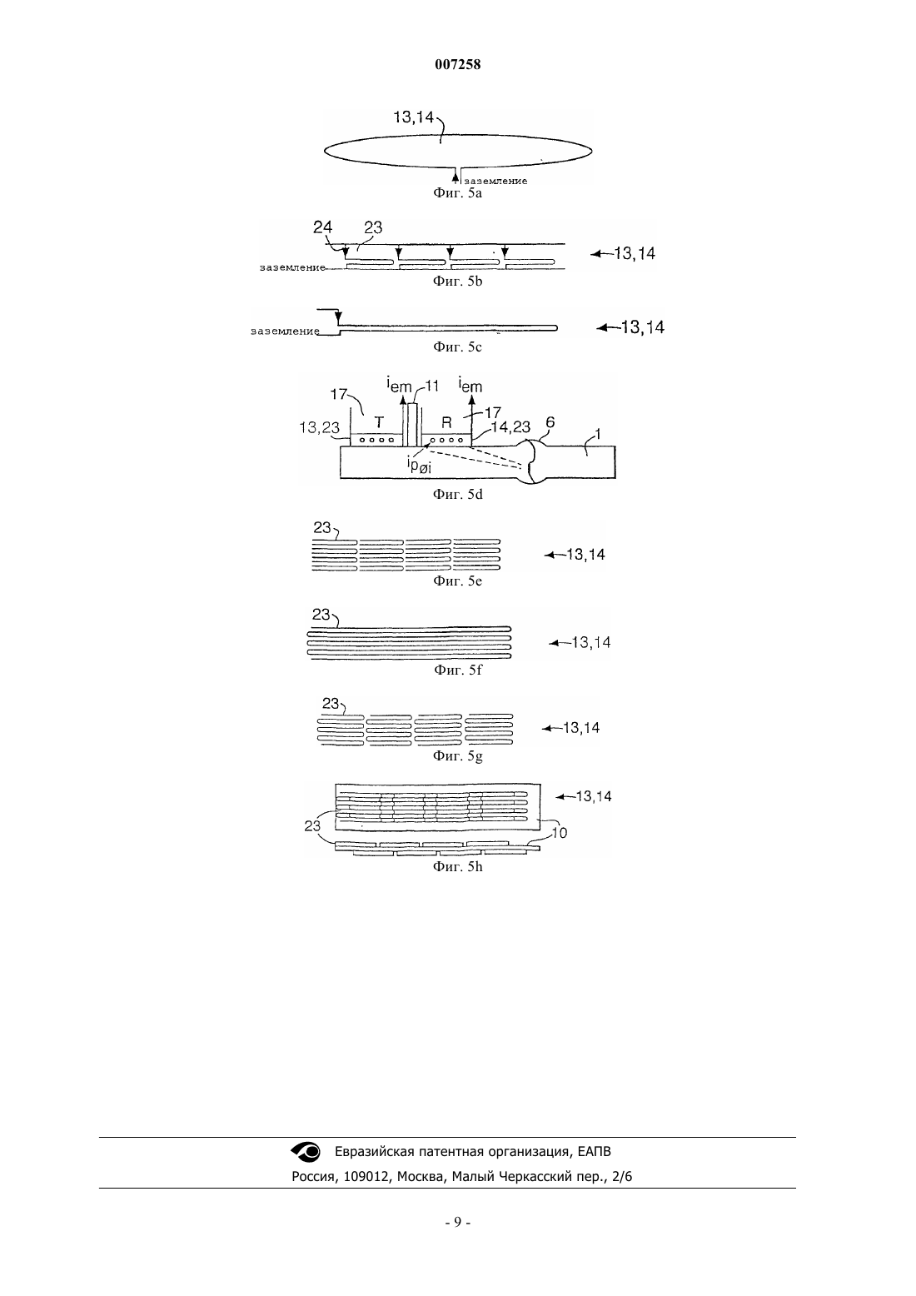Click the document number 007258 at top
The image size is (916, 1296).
(x=457, y=64)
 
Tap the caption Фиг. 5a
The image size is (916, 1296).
(x=457, y=193)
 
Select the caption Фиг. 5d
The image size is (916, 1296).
(x=457, y=495)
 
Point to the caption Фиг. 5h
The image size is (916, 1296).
(x=457, y=867)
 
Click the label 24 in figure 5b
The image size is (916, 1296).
(x=322, y=227)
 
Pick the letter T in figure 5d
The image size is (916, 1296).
(x=380, y=422)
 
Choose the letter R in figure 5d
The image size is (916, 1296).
(x=446, y=423)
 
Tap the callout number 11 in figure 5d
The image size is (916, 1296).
(x=432, y=386)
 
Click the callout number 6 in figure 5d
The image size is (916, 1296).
(x=550, y=422)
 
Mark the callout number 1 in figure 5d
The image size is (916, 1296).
(x=598, y=434)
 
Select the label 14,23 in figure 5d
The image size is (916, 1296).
(x=510, y=427)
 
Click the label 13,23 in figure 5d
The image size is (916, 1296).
(x=319, y=427)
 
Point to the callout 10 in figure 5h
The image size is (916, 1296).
(x=560, y=833)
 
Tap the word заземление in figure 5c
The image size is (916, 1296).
(x=285, y=331)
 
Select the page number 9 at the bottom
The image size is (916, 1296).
(x=457, y=1223)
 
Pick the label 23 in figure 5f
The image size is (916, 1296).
(x=321, y=615)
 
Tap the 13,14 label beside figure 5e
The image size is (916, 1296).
(x=585, y=554)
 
